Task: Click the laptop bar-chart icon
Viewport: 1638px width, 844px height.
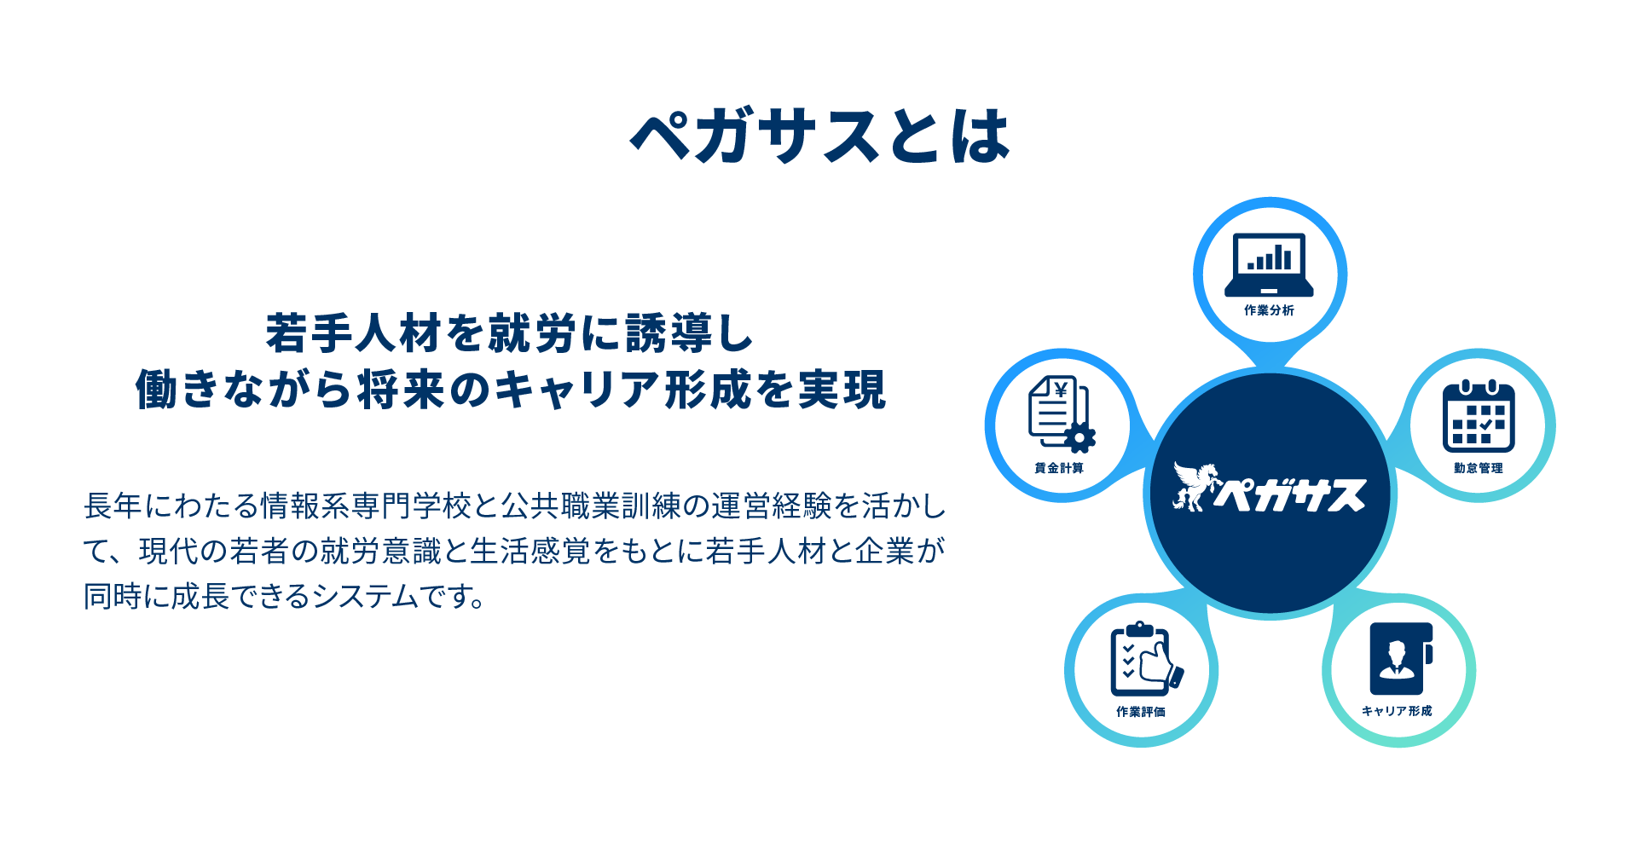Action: click(x=1269, y=264)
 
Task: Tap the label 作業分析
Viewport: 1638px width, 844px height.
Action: click(x=1269, y=310)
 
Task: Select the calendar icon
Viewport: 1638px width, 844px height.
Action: click(x=1479, y=416)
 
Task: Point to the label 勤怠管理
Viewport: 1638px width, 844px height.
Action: click(x=1479, y=468)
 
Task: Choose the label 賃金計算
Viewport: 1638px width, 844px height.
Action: click(x=1059, y=468)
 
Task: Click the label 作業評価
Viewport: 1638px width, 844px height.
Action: click(x=1141, y=712)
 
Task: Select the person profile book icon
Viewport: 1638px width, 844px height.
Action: click(x=1401, y=659)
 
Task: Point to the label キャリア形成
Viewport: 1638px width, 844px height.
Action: click(x=1397, y=711)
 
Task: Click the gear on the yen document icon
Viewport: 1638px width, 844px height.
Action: click(x=1079, y=438)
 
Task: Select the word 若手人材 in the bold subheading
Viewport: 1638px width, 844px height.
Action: click(x=355, y=333)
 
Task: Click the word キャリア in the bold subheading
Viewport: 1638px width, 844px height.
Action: click(x=576, y=390)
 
